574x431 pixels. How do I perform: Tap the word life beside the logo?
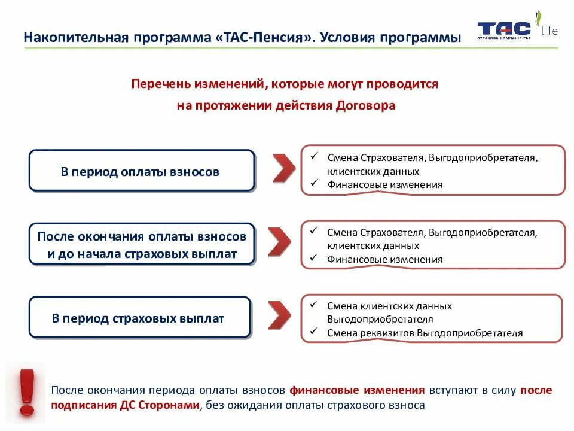[549, 31]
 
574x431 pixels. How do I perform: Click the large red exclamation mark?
[26, 392]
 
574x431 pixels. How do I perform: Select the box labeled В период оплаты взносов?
[142, 171]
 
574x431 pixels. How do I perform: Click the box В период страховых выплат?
[140, 318]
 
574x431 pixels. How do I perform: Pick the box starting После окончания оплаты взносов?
[142, 245]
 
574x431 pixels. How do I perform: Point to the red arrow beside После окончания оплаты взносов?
[280, 242]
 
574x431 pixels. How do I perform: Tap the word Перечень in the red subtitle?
[159, 84]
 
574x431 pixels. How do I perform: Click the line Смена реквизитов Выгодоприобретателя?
[425, 333]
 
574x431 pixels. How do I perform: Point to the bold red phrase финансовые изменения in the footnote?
[357, 390]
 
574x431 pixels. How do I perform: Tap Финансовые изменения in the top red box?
[384, 185]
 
